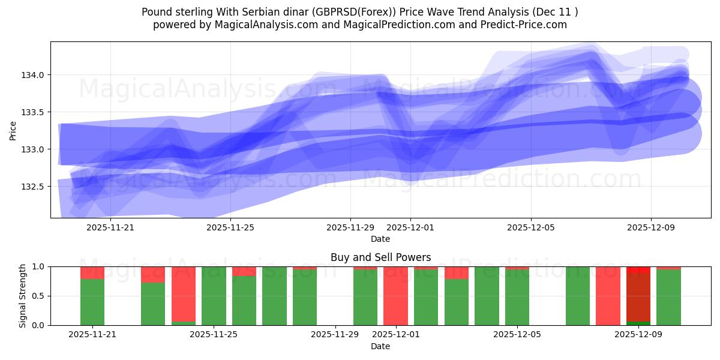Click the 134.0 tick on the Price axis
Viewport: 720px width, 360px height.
click(x=32, y=75)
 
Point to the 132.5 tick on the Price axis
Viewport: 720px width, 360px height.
click(x=32, y=187)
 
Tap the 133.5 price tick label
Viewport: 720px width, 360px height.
click(x=32, y=112)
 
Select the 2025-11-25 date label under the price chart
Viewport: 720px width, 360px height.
click(x=230, y=227)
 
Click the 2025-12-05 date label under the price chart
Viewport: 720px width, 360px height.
click(x=531, y=227)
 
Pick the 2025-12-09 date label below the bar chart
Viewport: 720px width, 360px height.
click(x=638, y=335)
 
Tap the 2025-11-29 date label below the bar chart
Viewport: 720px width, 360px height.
click(x=335, y=335)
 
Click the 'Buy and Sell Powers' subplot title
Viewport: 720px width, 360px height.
click(x=380, y=257)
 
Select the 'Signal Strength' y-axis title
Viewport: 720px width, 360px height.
click(x=23, y=296)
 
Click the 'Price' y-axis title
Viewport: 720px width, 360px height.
click(x=13, y=130)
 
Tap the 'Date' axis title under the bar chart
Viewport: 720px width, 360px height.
click(x=380, y=346)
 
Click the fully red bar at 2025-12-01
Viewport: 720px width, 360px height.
click(x=395, y=296)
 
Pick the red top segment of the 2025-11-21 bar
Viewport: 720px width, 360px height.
click(x=92, y=272)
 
